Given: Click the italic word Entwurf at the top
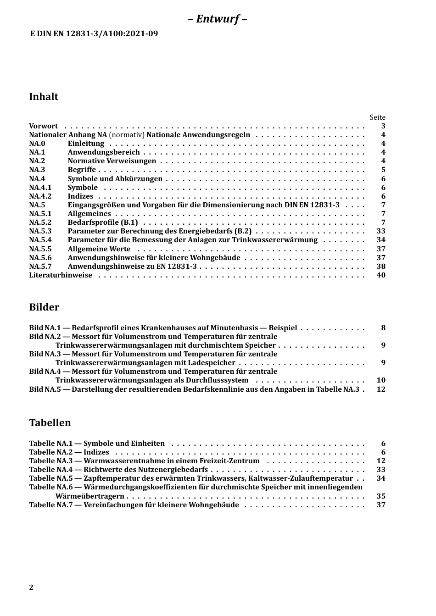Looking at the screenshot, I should pyautogui.click(x=218, y=19).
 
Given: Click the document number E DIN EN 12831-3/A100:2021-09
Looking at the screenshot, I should pyautogui.click(x=94, y=33).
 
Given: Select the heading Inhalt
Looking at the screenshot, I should pyautogui.click(x=44, y=96).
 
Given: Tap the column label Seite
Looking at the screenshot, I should pyautogui.click(x=377, y=117).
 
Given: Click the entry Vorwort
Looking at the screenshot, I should pyautogui.click(x=44, y=126).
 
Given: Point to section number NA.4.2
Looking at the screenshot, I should pyautogui.click(x=40, y=196).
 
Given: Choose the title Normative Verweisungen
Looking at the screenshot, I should pyautogui.click(x=112, y=161).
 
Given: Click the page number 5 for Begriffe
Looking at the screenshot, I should pyautogui.click(x=383, y=170).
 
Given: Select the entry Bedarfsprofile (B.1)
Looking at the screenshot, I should pyautogui.click(x=103, y=222).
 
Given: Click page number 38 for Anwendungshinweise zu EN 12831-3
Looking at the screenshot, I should pyautogui.click(x=381, y=266).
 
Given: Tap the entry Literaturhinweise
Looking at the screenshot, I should pyautogui.click(x=61, y=275).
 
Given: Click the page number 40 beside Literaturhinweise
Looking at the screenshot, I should pyautogui.click(x=381, y=275).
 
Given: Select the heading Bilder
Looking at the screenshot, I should pyautogui.click(x=44, y=307).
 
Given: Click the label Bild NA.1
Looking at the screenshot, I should pyautogui.click(x=45, y=328).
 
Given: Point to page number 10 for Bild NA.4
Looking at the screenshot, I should pyautogui.click(x=381, y=380).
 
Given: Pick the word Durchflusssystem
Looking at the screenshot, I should pyautogui.click(x=217, y=380).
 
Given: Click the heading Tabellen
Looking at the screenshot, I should pyautogui.click(x=50, y=423).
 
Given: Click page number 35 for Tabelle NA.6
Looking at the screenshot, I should pyautogui.click(x=381, y=496).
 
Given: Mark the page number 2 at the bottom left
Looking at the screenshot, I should pyautogui.click(x=31, y=588).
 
